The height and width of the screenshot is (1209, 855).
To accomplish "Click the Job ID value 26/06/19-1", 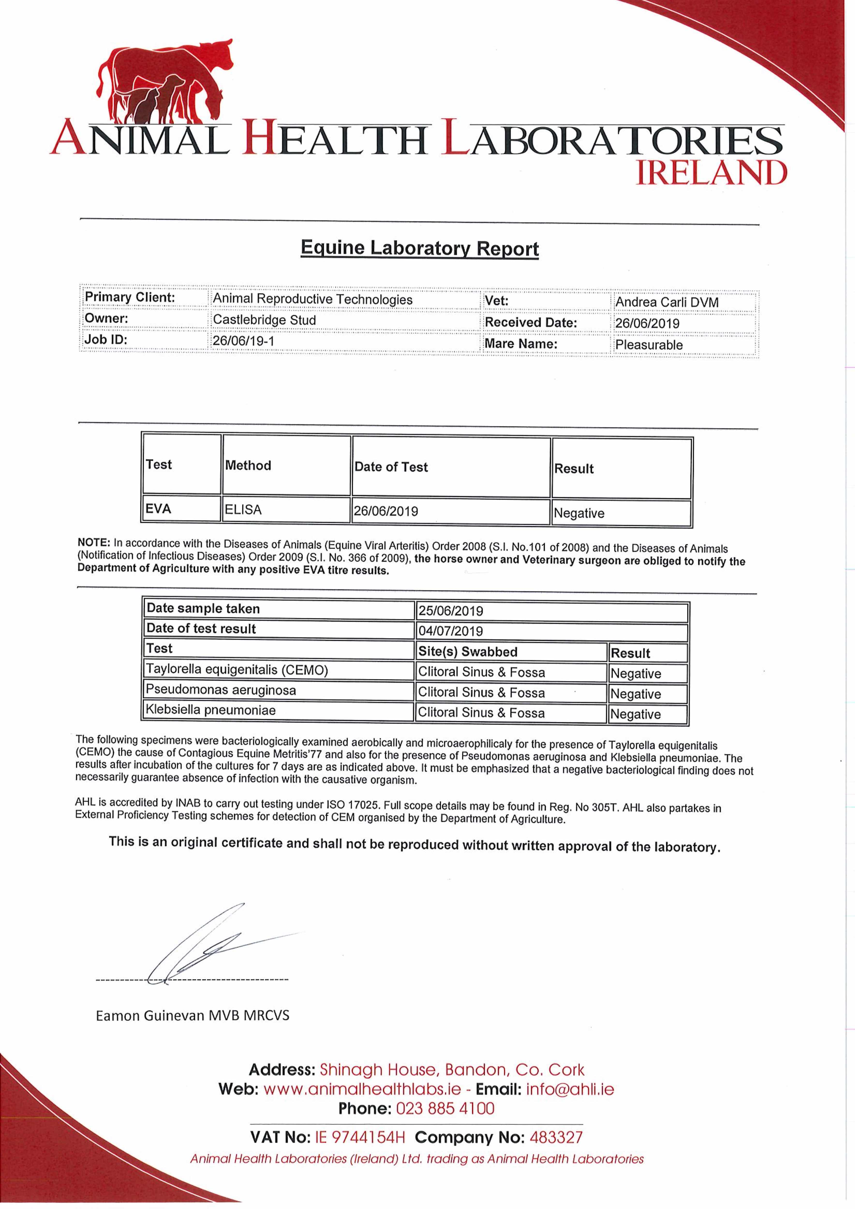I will pos(243,341).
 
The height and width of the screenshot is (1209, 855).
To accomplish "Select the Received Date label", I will pos(530,322).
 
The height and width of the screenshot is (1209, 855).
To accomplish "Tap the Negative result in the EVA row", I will pos(579,513).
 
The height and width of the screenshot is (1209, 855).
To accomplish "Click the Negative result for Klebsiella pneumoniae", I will pos(635,714).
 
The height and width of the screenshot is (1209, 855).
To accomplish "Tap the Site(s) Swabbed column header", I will pos(467,651).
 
